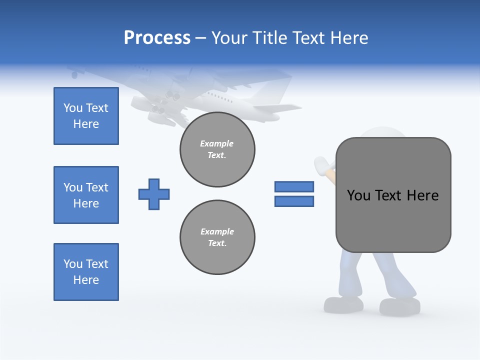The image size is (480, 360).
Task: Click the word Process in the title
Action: tap(157, 38)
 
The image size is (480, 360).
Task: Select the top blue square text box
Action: tap(86, 116)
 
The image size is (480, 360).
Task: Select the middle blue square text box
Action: tap(86, 195)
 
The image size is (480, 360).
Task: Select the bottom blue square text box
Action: tap(86, 272)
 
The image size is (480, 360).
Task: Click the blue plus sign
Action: tap(154, 194)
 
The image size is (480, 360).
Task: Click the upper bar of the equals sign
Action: tap(294, 186)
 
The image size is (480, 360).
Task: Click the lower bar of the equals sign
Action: tap(294, 201)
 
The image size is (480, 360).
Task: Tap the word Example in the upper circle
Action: tap(217, 143)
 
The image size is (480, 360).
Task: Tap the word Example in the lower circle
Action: tap(217, 231)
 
